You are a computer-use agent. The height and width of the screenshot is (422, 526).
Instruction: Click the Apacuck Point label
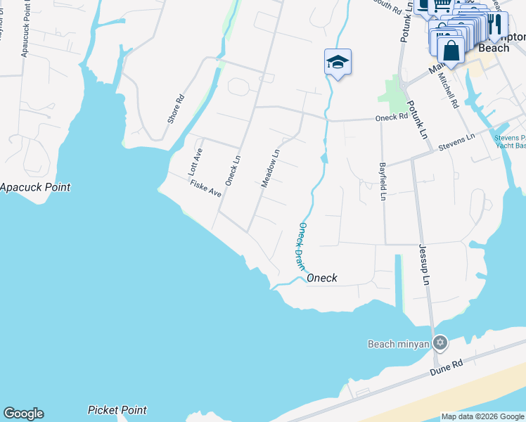click(x=35, y=188)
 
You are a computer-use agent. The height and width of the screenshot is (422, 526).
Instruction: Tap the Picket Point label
click(x=117, y=410)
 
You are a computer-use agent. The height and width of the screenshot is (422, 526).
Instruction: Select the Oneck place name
click(x=322, y=279)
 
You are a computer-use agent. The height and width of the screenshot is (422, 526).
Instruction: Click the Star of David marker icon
click(x=440, y=343)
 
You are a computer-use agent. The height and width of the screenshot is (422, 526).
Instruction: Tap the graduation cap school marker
click(x=338, y=63)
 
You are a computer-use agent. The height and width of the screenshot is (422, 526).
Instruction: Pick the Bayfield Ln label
click(x=383, y=181)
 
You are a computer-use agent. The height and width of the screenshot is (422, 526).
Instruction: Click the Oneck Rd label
click(x=392, y=117)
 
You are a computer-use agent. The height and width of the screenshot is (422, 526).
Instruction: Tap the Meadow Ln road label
click(x=271, y=167)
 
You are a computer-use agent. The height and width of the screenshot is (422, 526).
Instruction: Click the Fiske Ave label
click(x=205, y=188)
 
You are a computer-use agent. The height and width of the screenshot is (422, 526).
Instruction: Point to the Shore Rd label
click(x=176, y=109)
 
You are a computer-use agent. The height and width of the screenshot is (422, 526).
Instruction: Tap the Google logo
click(x=23, y=414)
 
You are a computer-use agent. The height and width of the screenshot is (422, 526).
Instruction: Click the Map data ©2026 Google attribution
click(x=482, y=416)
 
